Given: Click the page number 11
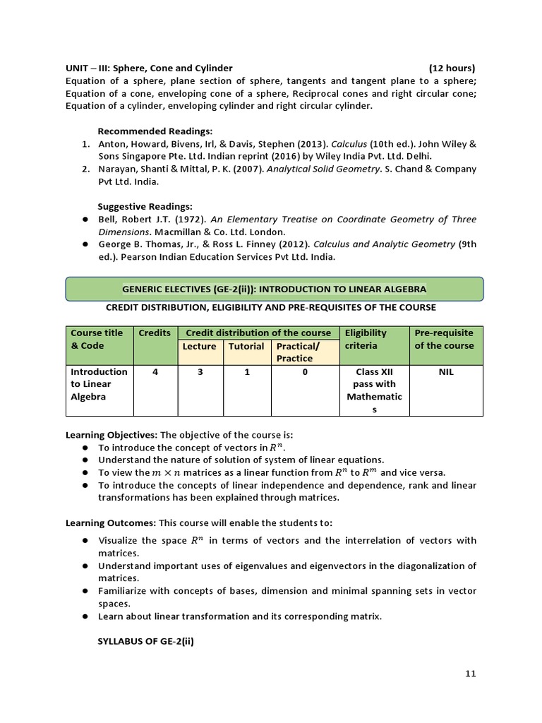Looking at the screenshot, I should pyautogui.click(x=470, y=674).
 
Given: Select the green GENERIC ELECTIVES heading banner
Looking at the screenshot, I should pyautogui.click(x=274, y=289).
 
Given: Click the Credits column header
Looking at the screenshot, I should pyautogui.click(x=155, y=333).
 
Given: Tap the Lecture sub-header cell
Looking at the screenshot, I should pyautogui.click(x=199, y=346).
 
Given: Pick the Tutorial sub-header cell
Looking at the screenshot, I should pyautogui.click(x=246, y=346).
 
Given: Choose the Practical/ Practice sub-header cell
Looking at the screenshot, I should pyautogui.click(x=298, y=352).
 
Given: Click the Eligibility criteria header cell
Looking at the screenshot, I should pyautogui.click(x=366, y=339).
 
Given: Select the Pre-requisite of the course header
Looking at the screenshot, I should pyautogui.click(x=444, y=339).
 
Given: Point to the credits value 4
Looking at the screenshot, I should pyautogui.click(x=155, y=371).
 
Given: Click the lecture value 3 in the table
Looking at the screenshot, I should pyautogui.click(x=200, y=371).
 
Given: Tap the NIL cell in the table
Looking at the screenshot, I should pyautogui.click(x=445, y=371).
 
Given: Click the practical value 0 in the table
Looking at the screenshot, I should pyautogui.click(x=305, y=371).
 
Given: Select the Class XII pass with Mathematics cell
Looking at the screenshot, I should pyautogui.click(x=374, y=390).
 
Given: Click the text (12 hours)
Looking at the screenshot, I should pyautogui.click(x=452, y=68).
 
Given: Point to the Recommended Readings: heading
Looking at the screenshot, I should pyautogui.click(x=155, y=131).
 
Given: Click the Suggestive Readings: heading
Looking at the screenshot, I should pyautogui.click(x=145, y=206).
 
